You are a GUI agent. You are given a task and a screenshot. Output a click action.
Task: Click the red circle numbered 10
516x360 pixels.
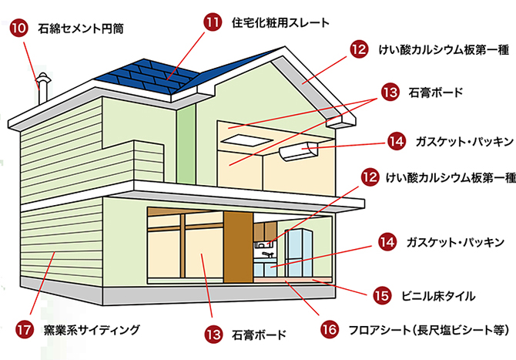[x=21, y=29]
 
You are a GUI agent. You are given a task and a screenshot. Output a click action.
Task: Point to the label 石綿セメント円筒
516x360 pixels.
[x=79, y=30]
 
